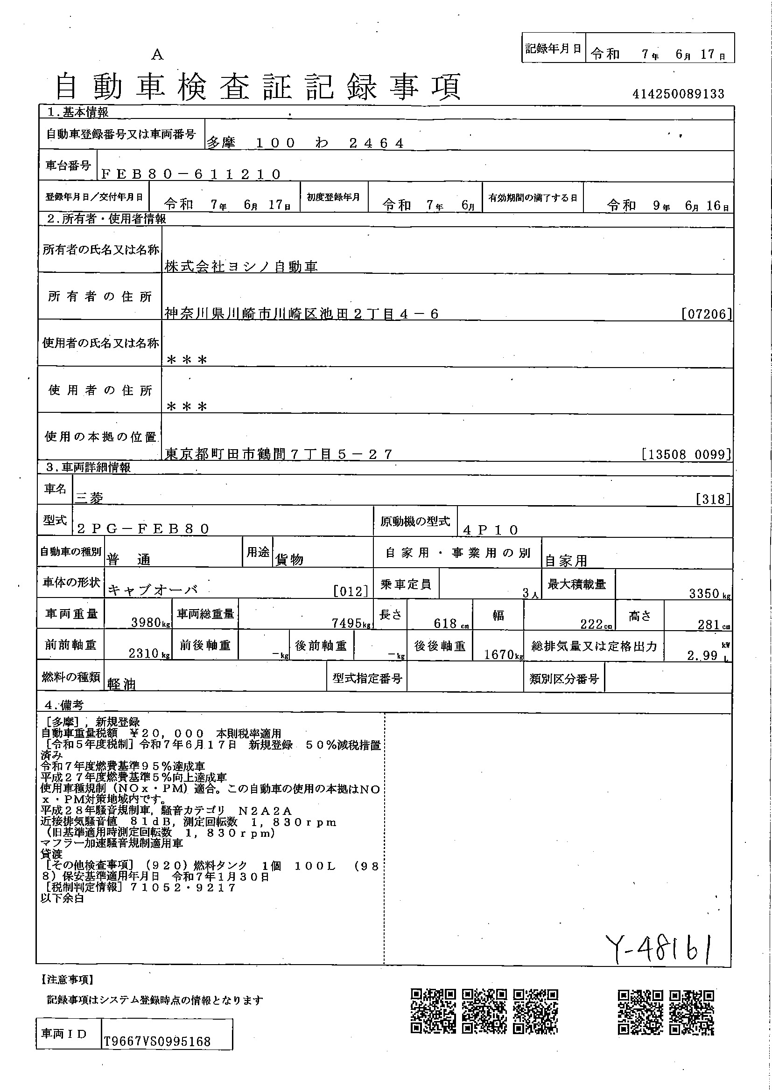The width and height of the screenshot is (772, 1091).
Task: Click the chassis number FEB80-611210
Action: tap(191, 174)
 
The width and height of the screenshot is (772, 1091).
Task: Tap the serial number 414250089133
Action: tap(678, 94)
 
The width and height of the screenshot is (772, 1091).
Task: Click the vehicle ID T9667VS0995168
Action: tap(157, 1042)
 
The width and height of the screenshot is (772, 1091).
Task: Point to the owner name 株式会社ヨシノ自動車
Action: tap(241, 267)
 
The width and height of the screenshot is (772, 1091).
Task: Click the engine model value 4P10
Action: tap(491, 530)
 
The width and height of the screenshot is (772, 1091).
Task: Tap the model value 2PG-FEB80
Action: tap(143, 529)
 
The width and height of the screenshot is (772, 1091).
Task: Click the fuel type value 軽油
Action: tap(121, 684)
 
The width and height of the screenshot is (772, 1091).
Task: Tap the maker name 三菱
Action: tap(89, 498)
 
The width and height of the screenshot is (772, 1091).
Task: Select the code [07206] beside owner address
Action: tap(706, 314)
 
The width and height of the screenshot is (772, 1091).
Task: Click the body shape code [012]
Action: tap(351, 591)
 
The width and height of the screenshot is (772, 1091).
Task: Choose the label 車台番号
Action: tap(68, 166)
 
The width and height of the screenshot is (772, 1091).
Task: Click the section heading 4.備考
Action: tap(64, 705)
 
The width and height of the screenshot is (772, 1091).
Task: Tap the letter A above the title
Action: tap(157, 56)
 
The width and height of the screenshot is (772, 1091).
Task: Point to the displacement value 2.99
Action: tap(702, 656)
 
